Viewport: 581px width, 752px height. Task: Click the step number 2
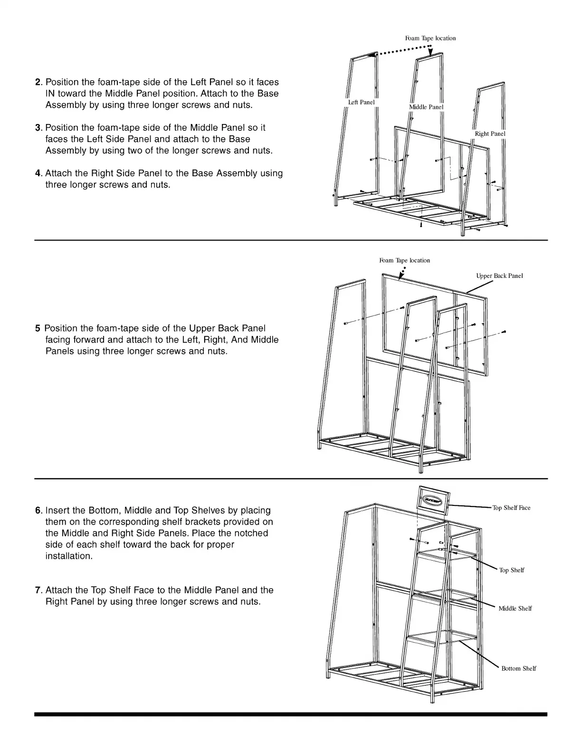(38, 82)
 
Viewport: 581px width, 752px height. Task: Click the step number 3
(38, 128)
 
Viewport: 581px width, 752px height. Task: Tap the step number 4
(38, 173)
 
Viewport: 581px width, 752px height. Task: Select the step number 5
(38, 328)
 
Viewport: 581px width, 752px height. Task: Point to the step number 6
(38, 511)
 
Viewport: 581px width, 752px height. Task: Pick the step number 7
(38, 590)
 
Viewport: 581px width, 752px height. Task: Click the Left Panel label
(361, 102)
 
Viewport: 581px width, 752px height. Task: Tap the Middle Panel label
(426, 107)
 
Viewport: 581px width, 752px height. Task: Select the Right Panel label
(490, 134)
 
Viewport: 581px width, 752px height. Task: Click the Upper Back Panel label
(499, 276)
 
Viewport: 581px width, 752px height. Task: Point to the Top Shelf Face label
(511, 508)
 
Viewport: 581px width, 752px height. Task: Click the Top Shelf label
(511, 570)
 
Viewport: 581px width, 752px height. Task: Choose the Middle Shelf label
(515, 609)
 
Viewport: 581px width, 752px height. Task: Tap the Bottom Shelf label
(518, 668)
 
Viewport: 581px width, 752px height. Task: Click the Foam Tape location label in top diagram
(430, 38)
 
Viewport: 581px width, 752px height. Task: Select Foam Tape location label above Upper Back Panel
(404, 260)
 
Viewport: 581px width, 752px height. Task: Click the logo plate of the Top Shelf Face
(433, 501)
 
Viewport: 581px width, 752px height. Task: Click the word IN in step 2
(51, 94)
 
